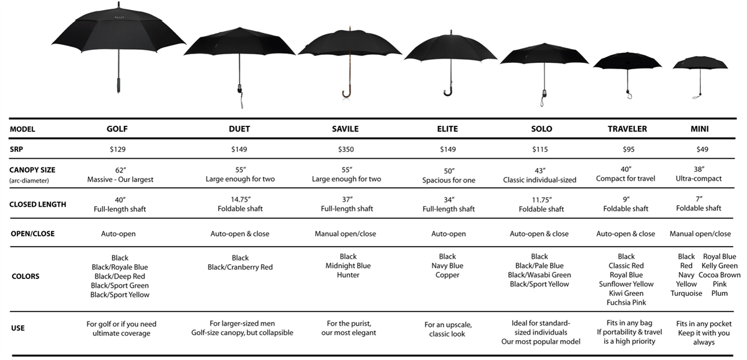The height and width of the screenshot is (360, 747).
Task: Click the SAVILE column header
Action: tap(345, 129)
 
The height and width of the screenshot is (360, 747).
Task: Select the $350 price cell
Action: tap(346, 149)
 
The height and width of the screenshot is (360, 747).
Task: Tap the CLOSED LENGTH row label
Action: tap(37, 205)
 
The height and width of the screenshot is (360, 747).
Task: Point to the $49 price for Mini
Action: tap(702, 149)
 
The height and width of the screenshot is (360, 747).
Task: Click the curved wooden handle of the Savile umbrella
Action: tap(347, 93)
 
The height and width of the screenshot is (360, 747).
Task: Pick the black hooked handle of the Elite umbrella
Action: tap(449, 90)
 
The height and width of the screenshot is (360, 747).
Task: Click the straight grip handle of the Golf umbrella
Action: tap(118, 85)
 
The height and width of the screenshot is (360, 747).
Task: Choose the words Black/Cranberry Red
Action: tap(240, 268)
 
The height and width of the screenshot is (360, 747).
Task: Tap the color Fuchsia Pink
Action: tap(626, 302)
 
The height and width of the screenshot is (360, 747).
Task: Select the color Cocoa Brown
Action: tap(720, 275)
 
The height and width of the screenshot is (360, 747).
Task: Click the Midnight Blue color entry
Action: tap(348, 266)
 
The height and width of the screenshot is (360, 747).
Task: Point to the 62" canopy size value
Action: tap(120, 170)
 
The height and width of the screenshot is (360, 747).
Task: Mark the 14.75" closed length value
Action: tap(240, 199)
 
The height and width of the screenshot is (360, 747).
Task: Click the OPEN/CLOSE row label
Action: tap(32, 234)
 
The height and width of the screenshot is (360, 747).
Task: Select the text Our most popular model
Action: tap(540, 341)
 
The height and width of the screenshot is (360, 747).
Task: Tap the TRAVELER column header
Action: tap(627, 129)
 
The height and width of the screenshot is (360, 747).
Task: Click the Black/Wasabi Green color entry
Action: tap(540, 275)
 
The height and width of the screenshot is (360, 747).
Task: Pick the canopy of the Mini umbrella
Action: tap(700, 63)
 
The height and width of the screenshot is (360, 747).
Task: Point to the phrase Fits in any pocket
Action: tap(703, 324)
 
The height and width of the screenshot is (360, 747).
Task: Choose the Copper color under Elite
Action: tap(447, 275)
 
